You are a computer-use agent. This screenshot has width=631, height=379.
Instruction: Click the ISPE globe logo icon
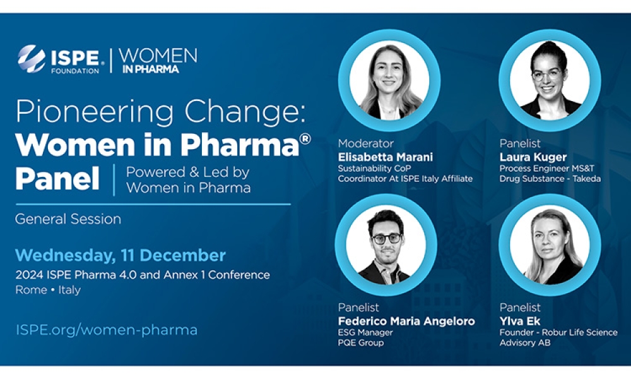coord(32,59)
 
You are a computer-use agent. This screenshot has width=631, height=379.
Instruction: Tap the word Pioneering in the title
coord(95,112)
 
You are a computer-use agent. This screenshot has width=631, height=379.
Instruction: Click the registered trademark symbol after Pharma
coord(305,138)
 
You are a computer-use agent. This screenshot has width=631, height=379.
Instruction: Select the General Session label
coord(68,219)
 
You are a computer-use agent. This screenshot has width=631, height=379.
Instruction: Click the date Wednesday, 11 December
coord(121,255)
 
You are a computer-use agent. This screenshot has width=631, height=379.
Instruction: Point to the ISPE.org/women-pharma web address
coord(106,330)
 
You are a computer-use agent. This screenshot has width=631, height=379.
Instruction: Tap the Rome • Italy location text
coord(48,289)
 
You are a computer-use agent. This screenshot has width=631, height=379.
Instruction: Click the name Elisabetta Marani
coord(385,157)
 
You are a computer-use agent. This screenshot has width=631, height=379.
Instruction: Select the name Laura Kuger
coord(533,157)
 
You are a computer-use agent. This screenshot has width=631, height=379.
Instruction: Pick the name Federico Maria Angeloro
coord(406,321)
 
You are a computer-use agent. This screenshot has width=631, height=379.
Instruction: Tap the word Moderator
coord(366,143)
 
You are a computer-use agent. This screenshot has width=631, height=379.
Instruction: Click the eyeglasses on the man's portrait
coord(386,238)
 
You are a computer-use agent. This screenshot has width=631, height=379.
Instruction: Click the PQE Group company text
coord(360,343)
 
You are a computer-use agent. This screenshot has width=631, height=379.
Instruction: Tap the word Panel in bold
coord(57,179)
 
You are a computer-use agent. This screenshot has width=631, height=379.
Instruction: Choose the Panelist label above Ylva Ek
coord(520,308)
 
